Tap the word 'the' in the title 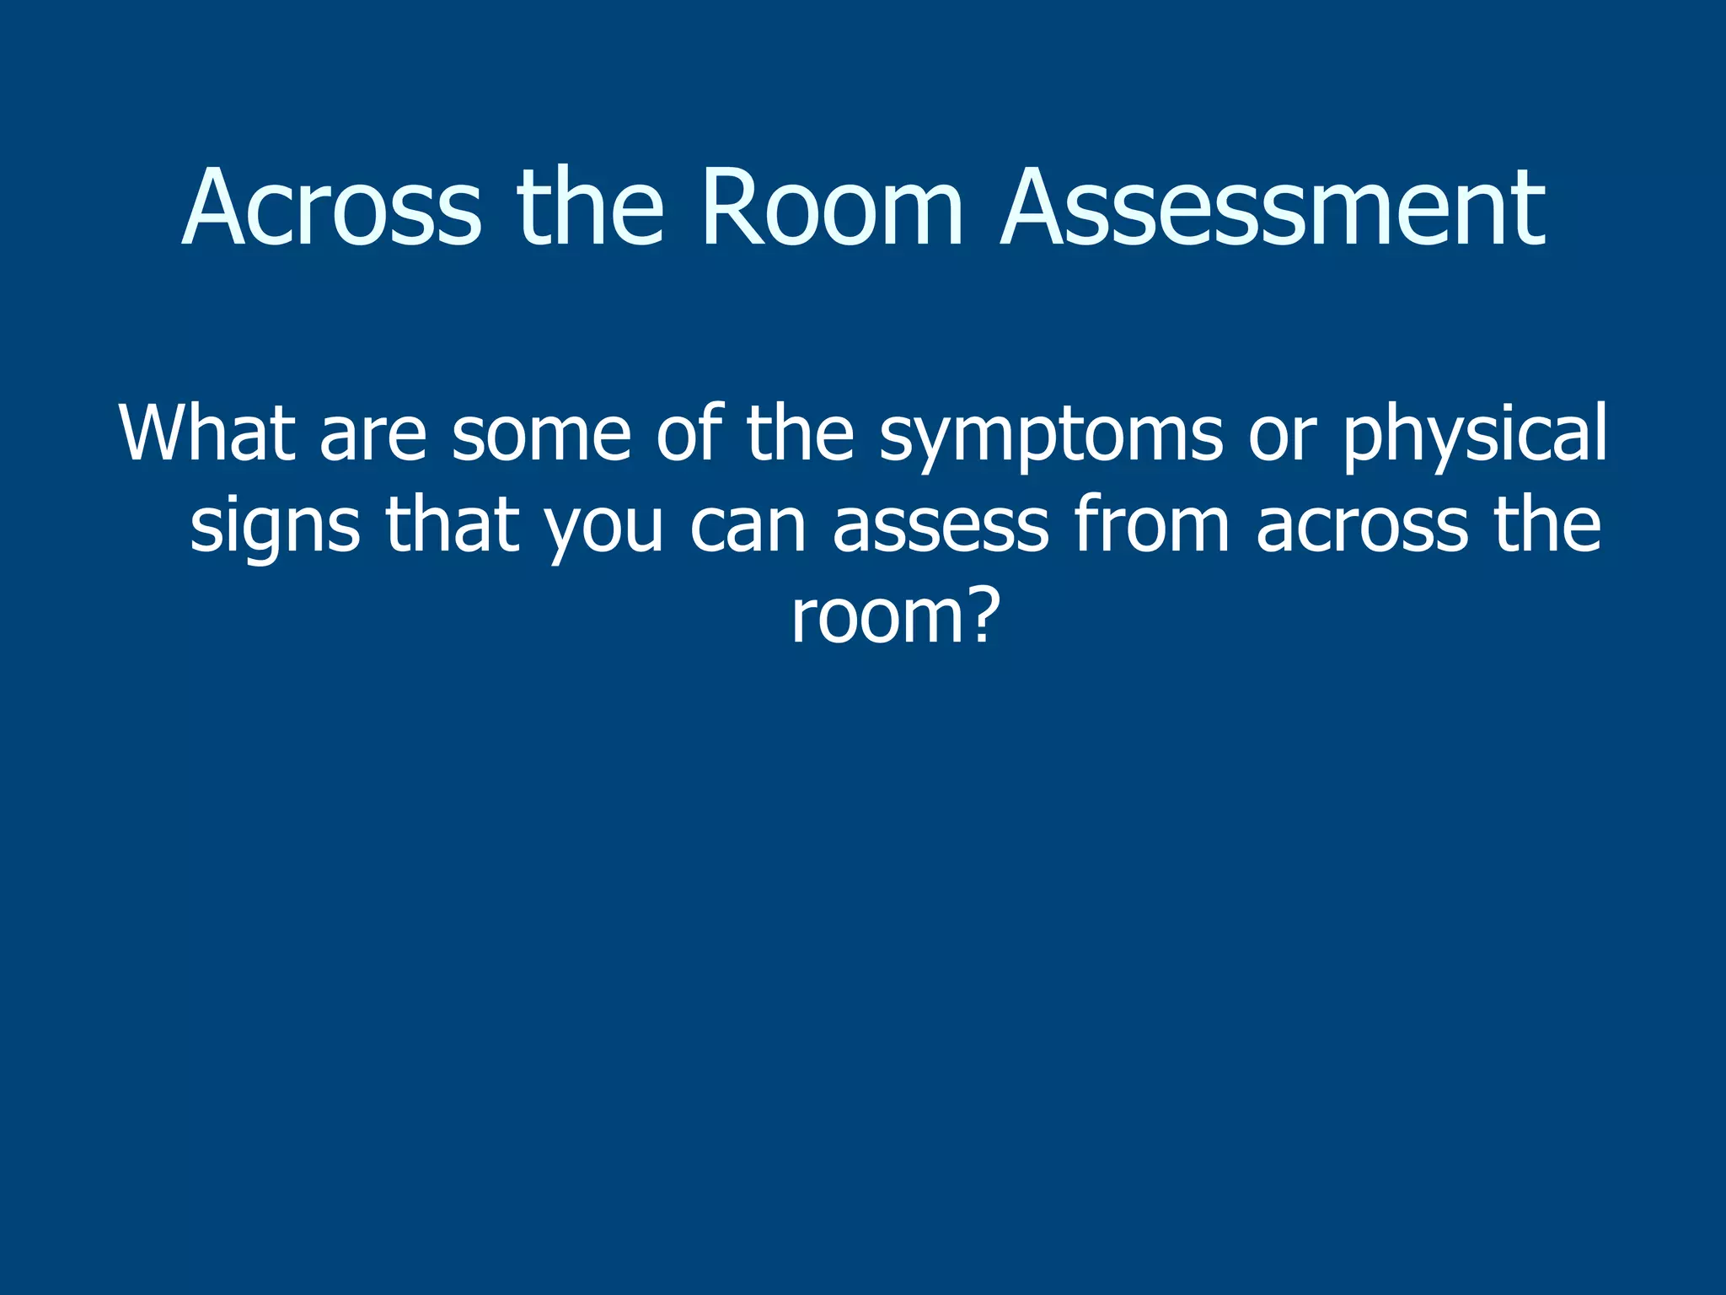pyautogui.click(x=590, y=208)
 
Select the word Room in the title pyautogui.click(x=831, y=208)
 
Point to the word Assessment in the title pyautogui.click(x=1273, y=208)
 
